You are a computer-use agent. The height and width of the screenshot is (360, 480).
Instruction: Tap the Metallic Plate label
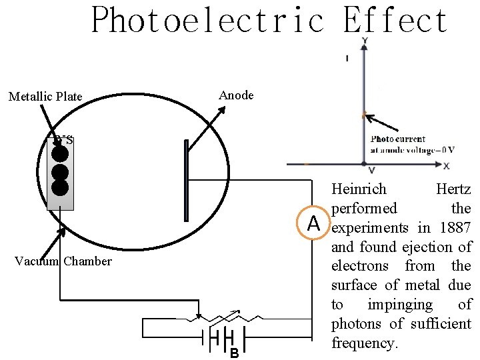click(45, 97)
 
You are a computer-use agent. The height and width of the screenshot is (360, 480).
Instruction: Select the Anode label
click(236, 95)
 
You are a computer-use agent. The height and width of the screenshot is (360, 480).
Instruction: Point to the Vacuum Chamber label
click(63, 261)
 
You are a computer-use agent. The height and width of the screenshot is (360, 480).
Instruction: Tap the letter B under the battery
click(234, 353)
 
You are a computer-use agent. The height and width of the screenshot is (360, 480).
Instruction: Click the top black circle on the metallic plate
click(60, 154)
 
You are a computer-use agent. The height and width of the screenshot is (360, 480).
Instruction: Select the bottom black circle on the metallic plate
click(60, 187)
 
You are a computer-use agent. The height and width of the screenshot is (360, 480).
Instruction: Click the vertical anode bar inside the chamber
click(186, 180)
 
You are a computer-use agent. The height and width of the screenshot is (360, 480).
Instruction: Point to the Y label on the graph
click(364, 41)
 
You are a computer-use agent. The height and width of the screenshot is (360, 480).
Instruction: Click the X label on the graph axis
click(446, 165)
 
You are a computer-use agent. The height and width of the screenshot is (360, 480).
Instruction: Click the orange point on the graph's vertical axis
click(364, 115)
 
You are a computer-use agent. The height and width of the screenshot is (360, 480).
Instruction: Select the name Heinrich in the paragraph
click(359, 189)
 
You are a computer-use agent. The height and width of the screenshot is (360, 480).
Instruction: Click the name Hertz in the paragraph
click(453, 189)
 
